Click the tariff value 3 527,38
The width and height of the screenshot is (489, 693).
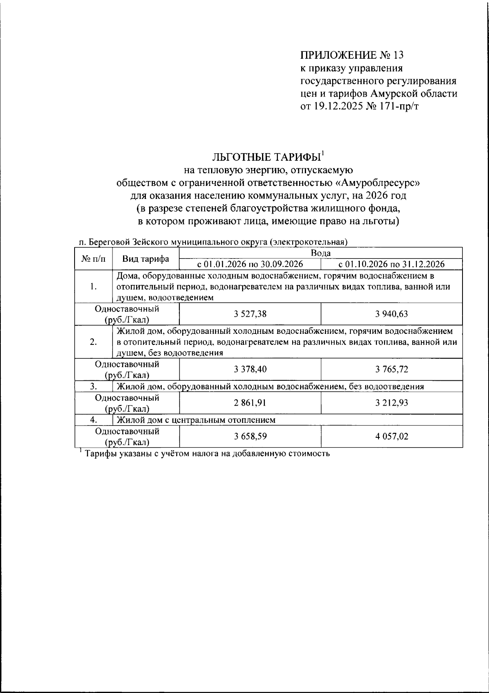(x=250, y=314)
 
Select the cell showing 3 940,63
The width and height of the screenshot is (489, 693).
(x=392, y=314)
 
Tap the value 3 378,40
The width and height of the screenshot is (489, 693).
(x=250, y=370)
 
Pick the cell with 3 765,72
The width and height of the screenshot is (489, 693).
(x=392, y=370)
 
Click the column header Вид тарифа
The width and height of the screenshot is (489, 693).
(x=146, y=258)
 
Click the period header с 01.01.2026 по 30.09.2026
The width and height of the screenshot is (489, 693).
(x=250, y=264)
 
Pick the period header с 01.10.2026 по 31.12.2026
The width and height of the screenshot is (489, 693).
(x=392, y=264)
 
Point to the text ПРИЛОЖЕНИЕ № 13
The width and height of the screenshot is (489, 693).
(x=348, y=55)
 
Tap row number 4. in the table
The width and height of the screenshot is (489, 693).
(x=93, y=420)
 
